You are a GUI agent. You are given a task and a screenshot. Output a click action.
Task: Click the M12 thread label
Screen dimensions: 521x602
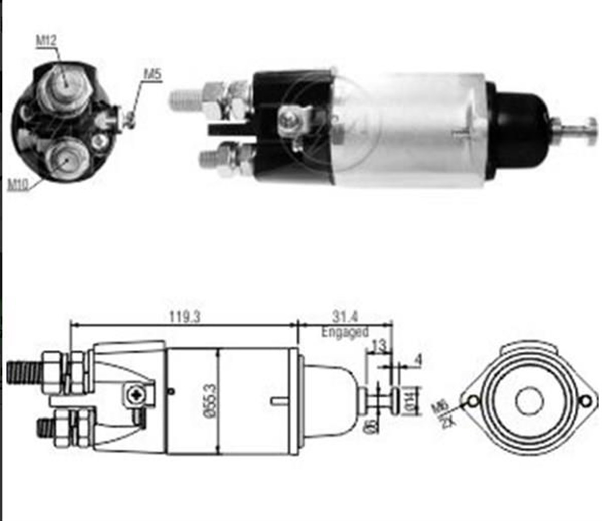tap(46, 41)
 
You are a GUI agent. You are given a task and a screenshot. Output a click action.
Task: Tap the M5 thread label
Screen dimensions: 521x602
tap(152, 74)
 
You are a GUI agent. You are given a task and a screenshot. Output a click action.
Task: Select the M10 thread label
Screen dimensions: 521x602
tap(18, 184)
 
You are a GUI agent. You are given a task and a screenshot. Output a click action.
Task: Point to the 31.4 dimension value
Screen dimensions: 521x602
tap(345, 317)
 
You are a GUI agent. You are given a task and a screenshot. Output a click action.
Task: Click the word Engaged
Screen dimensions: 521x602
tap(345, 332)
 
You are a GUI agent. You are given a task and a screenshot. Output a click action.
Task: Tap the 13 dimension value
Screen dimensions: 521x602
tap(380, 346)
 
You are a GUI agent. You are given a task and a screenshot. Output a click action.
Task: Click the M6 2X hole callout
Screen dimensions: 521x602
tap(442, 412)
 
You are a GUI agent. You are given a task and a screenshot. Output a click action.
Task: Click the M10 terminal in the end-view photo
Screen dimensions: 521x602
tap(65, 158)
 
